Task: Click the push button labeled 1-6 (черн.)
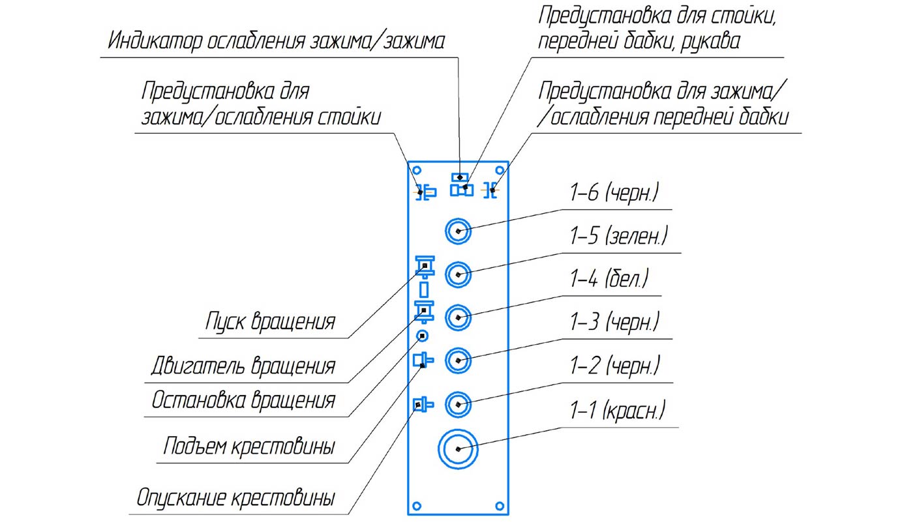[458, 231]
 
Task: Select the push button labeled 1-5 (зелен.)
[458, 274]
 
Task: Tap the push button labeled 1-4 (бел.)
[458, 318]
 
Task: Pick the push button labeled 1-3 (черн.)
[458, 359]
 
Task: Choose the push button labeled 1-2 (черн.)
[458, 404]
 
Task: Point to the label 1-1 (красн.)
[617, 411]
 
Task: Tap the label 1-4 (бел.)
[610, 280]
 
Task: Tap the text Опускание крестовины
[235, 499]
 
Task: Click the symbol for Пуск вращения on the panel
[425, 265]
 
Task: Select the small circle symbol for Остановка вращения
[423, 336]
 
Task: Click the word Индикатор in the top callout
[154, 42]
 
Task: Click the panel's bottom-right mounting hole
[500, 505]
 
